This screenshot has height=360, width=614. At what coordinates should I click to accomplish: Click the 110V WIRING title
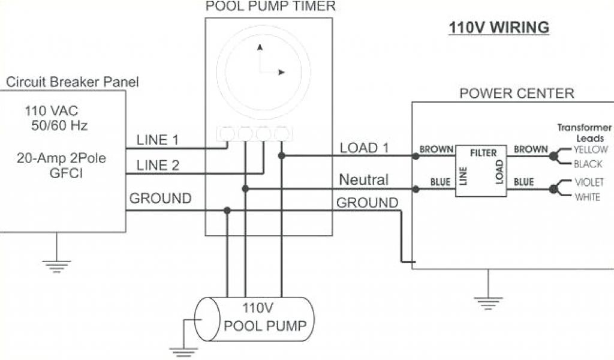coord(499,28)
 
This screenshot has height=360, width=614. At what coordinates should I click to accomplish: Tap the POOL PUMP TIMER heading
coord(270,7)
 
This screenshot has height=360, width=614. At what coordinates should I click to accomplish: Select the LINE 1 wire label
coord(158,140)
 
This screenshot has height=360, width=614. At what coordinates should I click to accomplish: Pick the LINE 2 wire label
coord(158,166)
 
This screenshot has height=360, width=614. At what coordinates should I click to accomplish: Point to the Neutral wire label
coord(364,179)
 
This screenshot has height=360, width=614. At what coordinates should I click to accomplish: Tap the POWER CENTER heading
coord(516,94)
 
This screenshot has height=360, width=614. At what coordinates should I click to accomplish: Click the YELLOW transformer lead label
coord(591,149)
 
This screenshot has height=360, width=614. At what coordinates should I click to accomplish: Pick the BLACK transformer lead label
coord(588,164)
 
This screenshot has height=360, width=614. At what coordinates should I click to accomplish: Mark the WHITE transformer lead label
coord(587,197)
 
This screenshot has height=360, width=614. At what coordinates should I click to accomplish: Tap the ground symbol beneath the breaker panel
coord(57,263)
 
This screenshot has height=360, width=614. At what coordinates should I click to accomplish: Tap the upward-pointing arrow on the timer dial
coord(260,48)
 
